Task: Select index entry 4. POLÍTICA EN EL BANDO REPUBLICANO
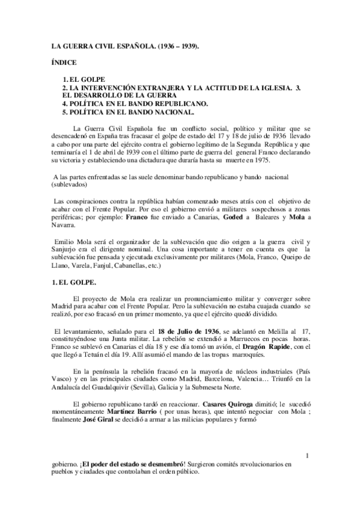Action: point(136,103)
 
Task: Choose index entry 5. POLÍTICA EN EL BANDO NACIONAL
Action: point(129,111)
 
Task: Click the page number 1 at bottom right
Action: point(308,456)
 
